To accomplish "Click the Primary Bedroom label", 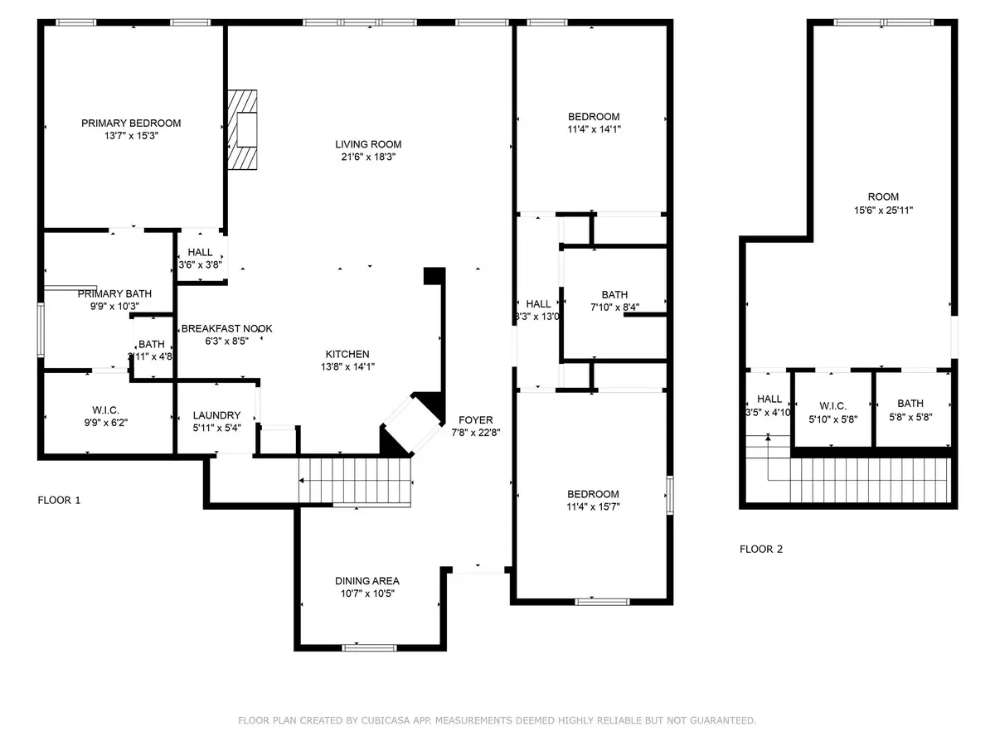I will point(131,124).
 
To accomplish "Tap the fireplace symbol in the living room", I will point(245,129).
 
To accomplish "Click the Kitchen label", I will point(347,354).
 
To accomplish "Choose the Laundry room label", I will point(216,415).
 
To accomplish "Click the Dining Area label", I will point(367,581).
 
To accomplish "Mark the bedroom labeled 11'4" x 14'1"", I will point(593,117).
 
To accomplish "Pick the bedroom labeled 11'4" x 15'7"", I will point(593,494).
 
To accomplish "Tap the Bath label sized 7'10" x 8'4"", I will point(614,295).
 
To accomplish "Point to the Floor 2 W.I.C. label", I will point(832,405).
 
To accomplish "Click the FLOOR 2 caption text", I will point(761,549).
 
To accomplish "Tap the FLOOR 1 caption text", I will point(60,501).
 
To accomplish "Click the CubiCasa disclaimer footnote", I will point(497,721).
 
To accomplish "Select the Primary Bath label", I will point(104,294).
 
